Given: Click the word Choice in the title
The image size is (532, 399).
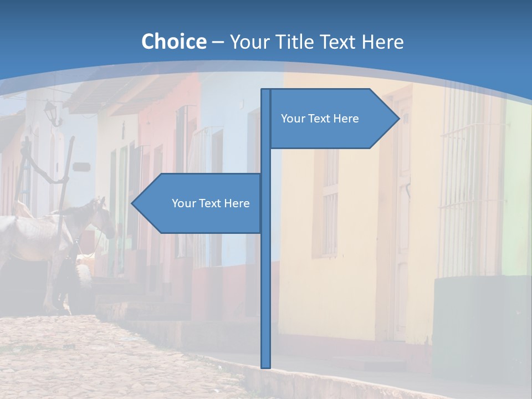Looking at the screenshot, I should [x=173, y=42].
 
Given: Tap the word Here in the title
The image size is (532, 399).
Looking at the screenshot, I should [x=382, y=42].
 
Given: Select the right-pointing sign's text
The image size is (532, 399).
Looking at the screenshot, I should [x=320, y=119].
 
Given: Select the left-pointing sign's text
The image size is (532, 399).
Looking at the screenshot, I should [x=211, y=203].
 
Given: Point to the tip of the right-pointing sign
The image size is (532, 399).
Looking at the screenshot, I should [x=398, y=118].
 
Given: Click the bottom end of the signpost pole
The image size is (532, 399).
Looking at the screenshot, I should [x=266, y=366].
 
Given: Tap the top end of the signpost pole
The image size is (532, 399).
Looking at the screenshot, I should [x=266, y=90].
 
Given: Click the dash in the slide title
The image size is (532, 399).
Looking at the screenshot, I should [x=218, y=42].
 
